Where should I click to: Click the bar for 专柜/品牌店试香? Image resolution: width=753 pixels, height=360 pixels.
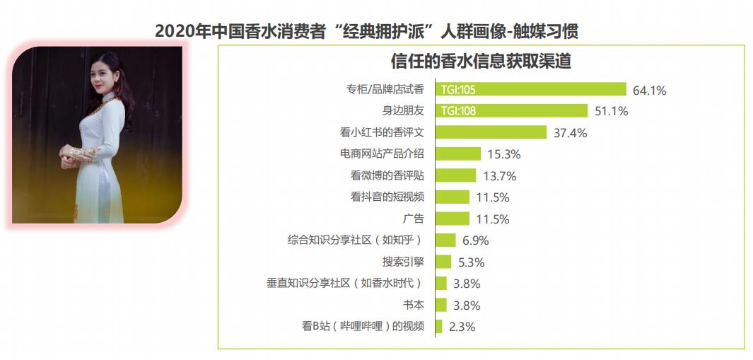pyautogui.click(x=530, y=89)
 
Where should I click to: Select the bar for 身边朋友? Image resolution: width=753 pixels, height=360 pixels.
pyautogui.click(x=511, y=110)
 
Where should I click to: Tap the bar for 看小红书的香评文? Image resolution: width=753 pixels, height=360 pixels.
pyautogui.click(x=491, y=132)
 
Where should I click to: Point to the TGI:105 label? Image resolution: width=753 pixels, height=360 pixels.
pyautogui.click(x=457, y=90)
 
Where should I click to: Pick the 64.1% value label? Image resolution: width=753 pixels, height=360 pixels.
pyautogui.click(x=649, y=90)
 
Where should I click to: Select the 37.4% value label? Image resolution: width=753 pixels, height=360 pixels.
pyautogui.click(x=570, y=133)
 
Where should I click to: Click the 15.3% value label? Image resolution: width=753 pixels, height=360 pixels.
pyautogui.click(x=503, y=154)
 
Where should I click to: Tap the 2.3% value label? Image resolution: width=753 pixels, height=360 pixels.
pyautogui.click(x=461, y=327)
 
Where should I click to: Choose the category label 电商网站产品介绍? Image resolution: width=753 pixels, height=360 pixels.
pyautogui.click(x=382, y=153)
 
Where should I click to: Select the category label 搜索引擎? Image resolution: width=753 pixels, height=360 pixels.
pyautogui.click(x=403, y=262)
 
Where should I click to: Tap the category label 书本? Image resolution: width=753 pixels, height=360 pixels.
pyautogui.click(x=413, y=305)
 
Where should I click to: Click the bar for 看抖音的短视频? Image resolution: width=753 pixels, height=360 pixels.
pyautogui.click(x=452, y=197)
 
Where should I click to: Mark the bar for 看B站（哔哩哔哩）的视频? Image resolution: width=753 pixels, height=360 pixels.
pyautogui.click(x=438, y=326)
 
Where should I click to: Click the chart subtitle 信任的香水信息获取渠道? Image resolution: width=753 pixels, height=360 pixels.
pyautogui.click(x=481, y=61)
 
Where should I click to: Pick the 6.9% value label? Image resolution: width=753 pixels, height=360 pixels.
pyautogui.click(x=476, y=240)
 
